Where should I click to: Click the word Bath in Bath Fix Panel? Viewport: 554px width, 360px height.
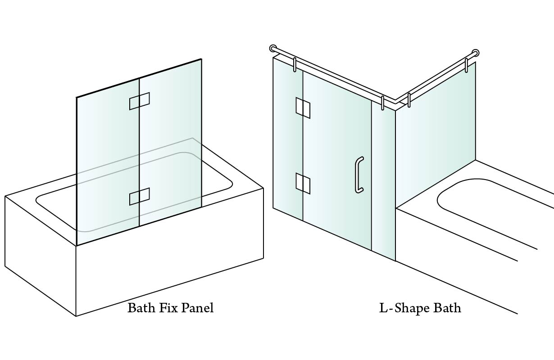point(141,308)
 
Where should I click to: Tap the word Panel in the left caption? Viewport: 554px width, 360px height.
point(197,308)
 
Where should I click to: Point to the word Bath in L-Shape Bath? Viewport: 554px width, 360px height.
point(447,308)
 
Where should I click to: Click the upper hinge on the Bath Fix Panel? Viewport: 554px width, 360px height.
point(140,101)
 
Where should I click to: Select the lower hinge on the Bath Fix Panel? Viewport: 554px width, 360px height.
point(140,197)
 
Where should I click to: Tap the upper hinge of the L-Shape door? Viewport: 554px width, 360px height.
point(303,108)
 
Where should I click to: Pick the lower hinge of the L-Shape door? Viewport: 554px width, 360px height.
point(303,183)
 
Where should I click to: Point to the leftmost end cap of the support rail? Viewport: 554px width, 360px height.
point(273,49)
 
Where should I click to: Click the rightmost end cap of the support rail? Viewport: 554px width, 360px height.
point(475,53)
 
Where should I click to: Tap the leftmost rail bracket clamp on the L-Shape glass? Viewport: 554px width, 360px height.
point(295,65)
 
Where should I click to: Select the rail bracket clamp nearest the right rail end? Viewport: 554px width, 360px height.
point(466,66)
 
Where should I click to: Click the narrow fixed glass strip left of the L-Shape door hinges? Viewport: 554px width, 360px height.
point(288,138)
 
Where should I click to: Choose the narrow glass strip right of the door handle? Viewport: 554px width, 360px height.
point(383,181)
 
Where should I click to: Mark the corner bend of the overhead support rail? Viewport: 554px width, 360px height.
point(395,101)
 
